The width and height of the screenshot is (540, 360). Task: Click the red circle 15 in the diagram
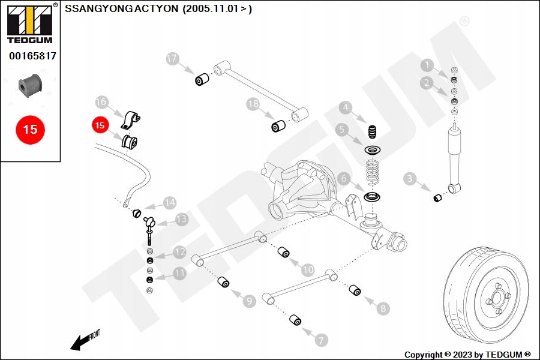point(100,126)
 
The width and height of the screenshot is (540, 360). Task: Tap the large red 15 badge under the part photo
point(30,129)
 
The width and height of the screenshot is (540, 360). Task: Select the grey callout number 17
point(173,59)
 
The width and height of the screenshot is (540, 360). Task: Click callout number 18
point(253,104)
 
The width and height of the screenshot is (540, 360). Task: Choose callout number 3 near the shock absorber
point(410,178)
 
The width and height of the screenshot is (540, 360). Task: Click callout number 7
point(322,340)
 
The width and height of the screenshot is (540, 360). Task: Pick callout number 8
point(382,309)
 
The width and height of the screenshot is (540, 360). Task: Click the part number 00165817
point(32,56)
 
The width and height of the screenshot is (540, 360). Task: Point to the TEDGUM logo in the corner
point(29,23)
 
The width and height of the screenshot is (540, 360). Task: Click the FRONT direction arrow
point(84,340)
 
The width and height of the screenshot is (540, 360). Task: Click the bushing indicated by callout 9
point(224,281)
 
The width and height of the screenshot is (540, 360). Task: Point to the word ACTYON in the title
point(153,8)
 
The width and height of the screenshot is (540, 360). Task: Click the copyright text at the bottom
point(467,354)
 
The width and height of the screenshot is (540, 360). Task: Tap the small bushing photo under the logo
point(29,86)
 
